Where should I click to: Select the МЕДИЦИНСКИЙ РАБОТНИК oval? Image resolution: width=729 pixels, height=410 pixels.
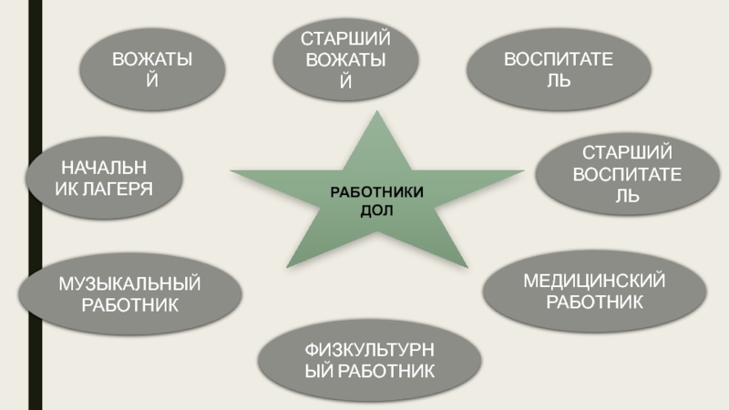593,289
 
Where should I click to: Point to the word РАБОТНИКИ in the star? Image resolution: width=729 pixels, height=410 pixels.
377,194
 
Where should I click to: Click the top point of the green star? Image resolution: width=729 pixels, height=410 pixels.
375,113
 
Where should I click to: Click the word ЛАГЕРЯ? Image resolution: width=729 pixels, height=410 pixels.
118,188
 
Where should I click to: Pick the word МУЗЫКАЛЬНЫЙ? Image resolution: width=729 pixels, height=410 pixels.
130,285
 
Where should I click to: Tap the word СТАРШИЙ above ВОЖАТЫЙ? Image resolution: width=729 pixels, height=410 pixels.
345,41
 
